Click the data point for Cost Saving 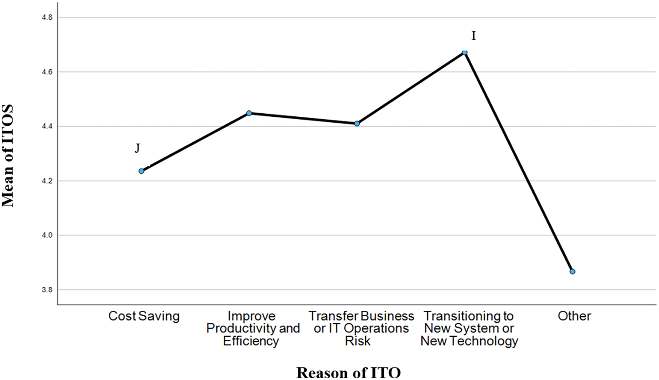[141, 171]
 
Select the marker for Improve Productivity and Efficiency [249, 113]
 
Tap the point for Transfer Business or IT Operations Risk [357, 124]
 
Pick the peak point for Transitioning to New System [465, 53]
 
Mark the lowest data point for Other [573, 272]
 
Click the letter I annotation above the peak [474, 36]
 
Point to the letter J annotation [137, 148]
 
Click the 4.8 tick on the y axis [47, 17]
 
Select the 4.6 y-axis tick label [47, 72]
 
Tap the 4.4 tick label [47, 126]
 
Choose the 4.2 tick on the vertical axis [47, 181]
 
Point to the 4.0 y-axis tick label [47, 235]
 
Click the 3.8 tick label [47, 290]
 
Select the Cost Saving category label [144, 316]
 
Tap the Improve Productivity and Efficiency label [252, 328]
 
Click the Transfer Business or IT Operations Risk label [361, 328]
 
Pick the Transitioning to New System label [469, 328]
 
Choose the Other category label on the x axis [574, 316]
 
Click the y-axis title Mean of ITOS [8, 156]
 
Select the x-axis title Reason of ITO [348, 372]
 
